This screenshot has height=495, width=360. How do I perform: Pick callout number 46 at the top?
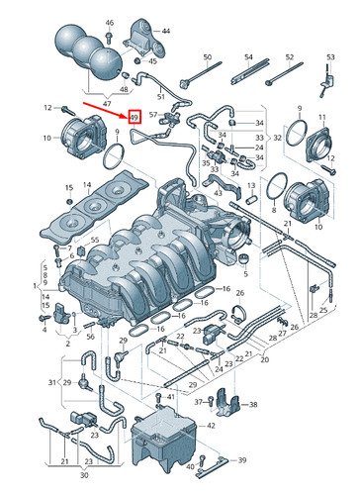click(109, 22)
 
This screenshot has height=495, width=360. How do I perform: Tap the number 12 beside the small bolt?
click(46, 106)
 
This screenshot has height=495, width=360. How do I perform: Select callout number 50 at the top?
click(207, 59)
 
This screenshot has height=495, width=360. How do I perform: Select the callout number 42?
click(209, 424)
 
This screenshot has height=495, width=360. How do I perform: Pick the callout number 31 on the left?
click(51, 382)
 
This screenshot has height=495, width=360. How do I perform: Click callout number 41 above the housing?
click(170, 396)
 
